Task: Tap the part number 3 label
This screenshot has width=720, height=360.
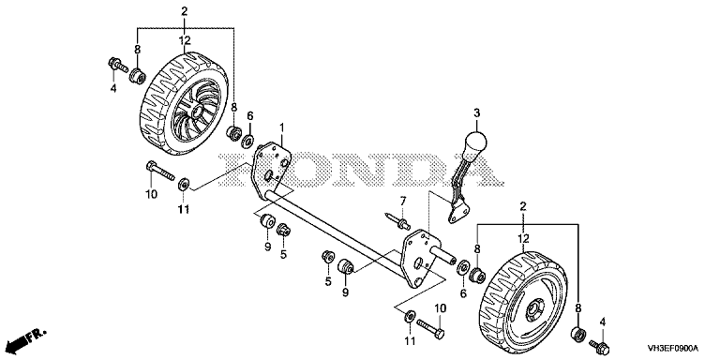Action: [x=476, y=112]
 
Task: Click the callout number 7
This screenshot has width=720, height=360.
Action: [x=403, y=201]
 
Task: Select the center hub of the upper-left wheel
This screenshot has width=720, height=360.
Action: [x=199, y=111]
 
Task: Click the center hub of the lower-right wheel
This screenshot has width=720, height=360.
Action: [x=535, y=311]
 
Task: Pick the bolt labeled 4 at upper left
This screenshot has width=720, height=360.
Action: [x=117, y=66]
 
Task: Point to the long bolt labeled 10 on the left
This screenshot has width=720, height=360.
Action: [x=159, y=171]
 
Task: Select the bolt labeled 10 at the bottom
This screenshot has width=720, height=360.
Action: [x=430, y=328]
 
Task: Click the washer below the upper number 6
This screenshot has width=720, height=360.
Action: [x=248, y=140]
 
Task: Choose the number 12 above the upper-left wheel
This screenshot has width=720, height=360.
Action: [x=185, y=42]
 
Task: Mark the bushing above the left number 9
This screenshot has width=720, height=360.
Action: [x=267, y=220]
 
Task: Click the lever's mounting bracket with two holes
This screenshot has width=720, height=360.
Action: [x=458, y=214]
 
